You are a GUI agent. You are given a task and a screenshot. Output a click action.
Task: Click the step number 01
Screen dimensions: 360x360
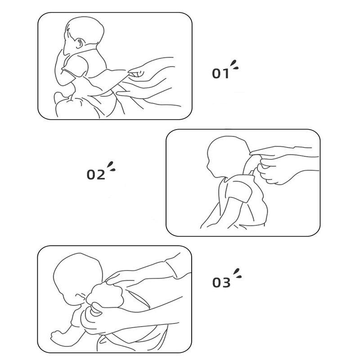coord(220,73)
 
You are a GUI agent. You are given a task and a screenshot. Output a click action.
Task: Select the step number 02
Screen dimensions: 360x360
coord(96,175)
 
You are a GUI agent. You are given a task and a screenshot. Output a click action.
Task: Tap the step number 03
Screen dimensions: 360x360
coord(221,283)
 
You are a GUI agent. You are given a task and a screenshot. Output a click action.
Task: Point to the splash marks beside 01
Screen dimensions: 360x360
coord(234,64)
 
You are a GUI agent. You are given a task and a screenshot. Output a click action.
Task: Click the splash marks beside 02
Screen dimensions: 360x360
coord(111,166)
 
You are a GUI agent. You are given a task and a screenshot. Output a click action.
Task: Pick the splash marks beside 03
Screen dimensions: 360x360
coord(238,273)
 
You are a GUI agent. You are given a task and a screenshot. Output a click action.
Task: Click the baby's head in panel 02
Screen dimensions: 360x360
coord(227,156)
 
